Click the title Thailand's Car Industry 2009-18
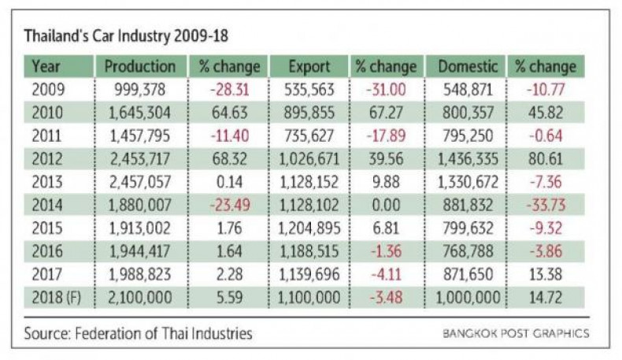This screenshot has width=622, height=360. [x=127, y=36]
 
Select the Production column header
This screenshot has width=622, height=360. [x=140, y=66]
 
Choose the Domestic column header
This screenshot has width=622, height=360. [x=467, y=66]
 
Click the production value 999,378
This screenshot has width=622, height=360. [x=140, y=88]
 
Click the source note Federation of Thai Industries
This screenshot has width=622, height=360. [x=139, y=334]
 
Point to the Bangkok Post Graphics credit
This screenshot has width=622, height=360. [x=515, y=334]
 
